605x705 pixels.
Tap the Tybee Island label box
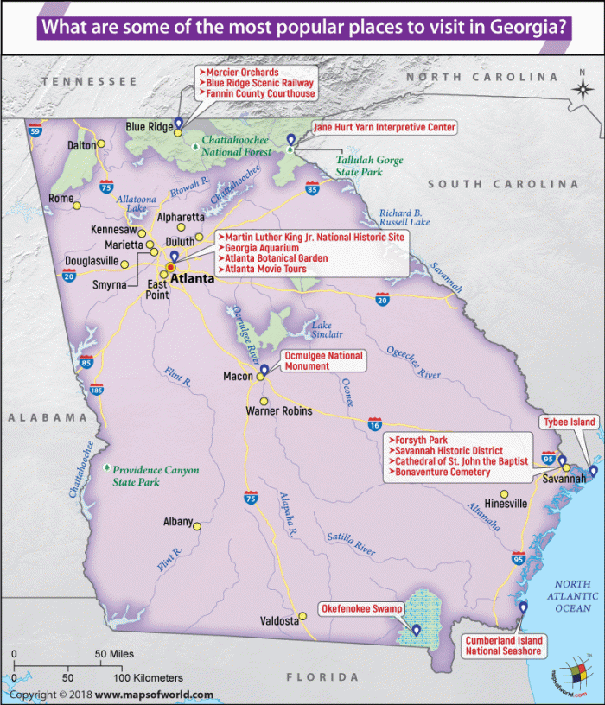point(569,422)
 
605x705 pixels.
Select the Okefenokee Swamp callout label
point(362,609)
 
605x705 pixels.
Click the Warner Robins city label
point(278,411)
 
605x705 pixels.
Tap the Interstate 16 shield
point(374,424)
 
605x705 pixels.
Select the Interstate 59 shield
point(35,130)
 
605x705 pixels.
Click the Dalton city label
point(80,146)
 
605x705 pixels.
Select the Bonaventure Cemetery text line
point(441,472)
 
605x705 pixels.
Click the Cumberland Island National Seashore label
point(503,645)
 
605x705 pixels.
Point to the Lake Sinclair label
point(328,329)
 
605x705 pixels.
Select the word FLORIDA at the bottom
point(322,676)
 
